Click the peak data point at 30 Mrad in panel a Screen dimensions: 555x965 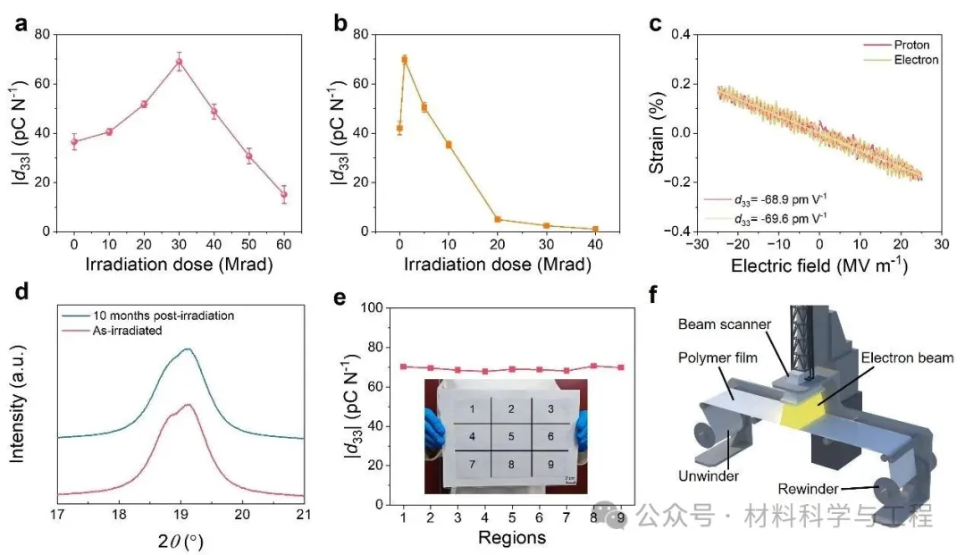[x=179, y=62]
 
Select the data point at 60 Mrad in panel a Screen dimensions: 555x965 [x=284, y=194]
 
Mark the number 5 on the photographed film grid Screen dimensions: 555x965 [x=510, y=437]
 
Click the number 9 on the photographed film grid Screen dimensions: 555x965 [x=550, y=464]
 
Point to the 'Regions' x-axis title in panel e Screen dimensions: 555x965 [x=512, y=537]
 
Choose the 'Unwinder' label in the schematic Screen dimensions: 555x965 [x=709, y=475]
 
